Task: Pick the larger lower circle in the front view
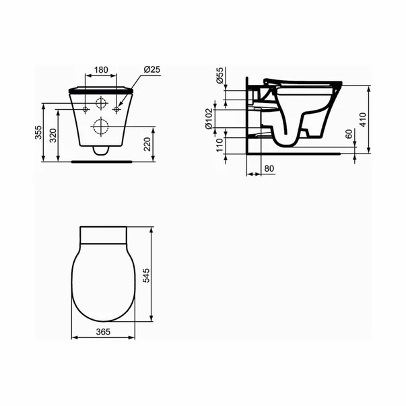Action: tap(101, 126)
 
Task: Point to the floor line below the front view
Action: tap(101, 162)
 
